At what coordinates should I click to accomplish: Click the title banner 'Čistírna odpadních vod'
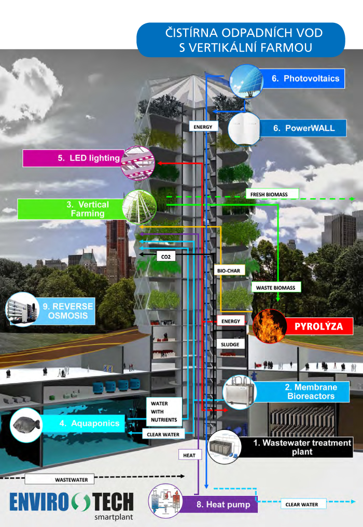click(240, 40)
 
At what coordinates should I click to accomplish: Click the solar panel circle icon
click(244, 80)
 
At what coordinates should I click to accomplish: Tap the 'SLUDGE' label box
click(229, 344)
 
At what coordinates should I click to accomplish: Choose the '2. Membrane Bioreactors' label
click(311, 392)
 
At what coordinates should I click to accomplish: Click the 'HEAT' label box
click(189, 455)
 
